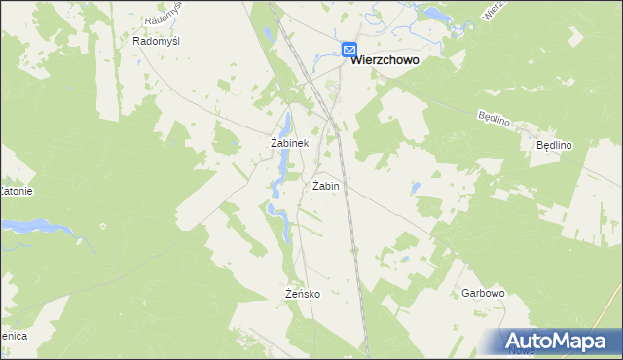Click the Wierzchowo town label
pos(385,59)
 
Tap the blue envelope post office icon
pos(349,50)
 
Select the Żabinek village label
pos(289,143)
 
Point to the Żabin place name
pos(326,185)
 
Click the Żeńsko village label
pos(303,293)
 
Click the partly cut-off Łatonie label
pos(17,191)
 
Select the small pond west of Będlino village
pos(417,187)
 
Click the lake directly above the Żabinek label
pos(285,123)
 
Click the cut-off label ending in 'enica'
pos(14,335)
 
